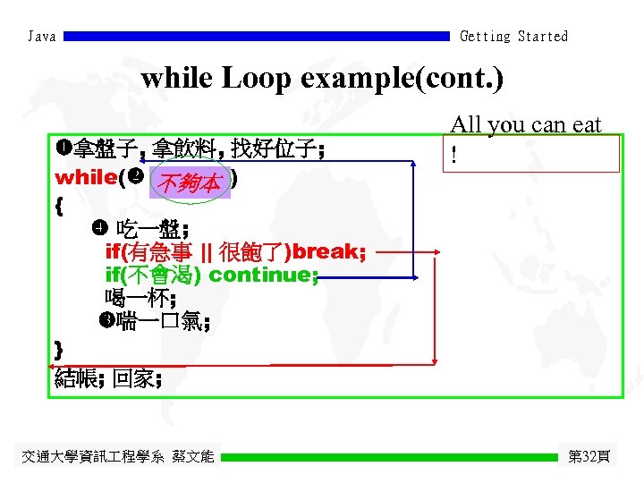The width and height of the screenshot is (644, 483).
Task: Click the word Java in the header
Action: pyautogui.click(x=42, y=37)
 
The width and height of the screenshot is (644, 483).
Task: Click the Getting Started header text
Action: pyautogui.click(x=513, y=37)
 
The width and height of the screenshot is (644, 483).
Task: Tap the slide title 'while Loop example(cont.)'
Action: pyautogui.click(x=322, y=79)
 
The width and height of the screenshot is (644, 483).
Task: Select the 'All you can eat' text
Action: pyautogui.click(x=525, y=124)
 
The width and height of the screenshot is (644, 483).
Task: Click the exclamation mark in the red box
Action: pyautogui.click(x=455, y=156)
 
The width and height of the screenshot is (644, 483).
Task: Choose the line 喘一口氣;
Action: pyautogui.click(x=161, y=322)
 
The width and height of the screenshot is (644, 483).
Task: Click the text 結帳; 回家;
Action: pyautogui.click(x=108, y=379)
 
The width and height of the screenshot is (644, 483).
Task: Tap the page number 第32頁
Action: pyautogui.click(x=589, y=457)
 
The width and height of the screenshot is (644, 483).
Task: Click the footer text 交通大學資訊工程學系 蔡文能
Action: pyautogui.click(x=117, y=457)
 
